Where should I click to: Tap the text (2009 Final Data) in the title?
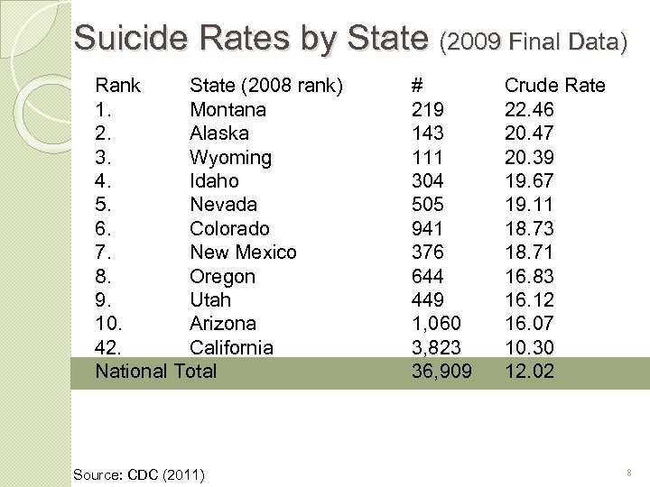click(x=533, y=41)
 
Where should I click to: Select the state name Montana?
click(x=227, y=110)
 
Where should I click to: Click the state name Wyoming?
click(x=230, y=158)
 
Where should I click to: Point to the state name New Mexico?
click(x=243, y=253)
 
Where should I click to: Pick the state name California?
click(x=231, y=347)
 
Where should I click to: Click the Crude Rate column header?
click(x=554, y=86)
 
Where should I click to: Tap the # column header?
click(x=417, y=86)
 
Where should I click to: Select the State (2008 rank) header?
click(x=265, y=86)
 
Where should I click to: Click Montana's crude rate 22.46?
click(x=529, y=110)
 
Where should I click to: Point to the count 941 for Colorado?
click(x=427, y=229)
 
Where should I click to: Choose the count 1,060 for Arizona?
click(x=436, y=324)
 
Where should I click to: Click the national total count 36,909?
click(x=441, y=372)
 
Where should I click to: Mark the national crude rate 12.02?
click(x=529, y=372)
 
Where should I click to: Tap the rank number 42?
click(x=108, y=347)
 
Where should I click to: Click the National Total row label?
click(x=156, y=372)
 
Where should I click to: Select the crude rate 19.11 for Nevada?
click(x=529, y=205)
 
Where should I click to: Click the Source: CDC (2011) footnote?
click(x=138, y=474)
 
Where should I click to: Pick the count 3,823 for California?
click(x=436, y=347)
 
